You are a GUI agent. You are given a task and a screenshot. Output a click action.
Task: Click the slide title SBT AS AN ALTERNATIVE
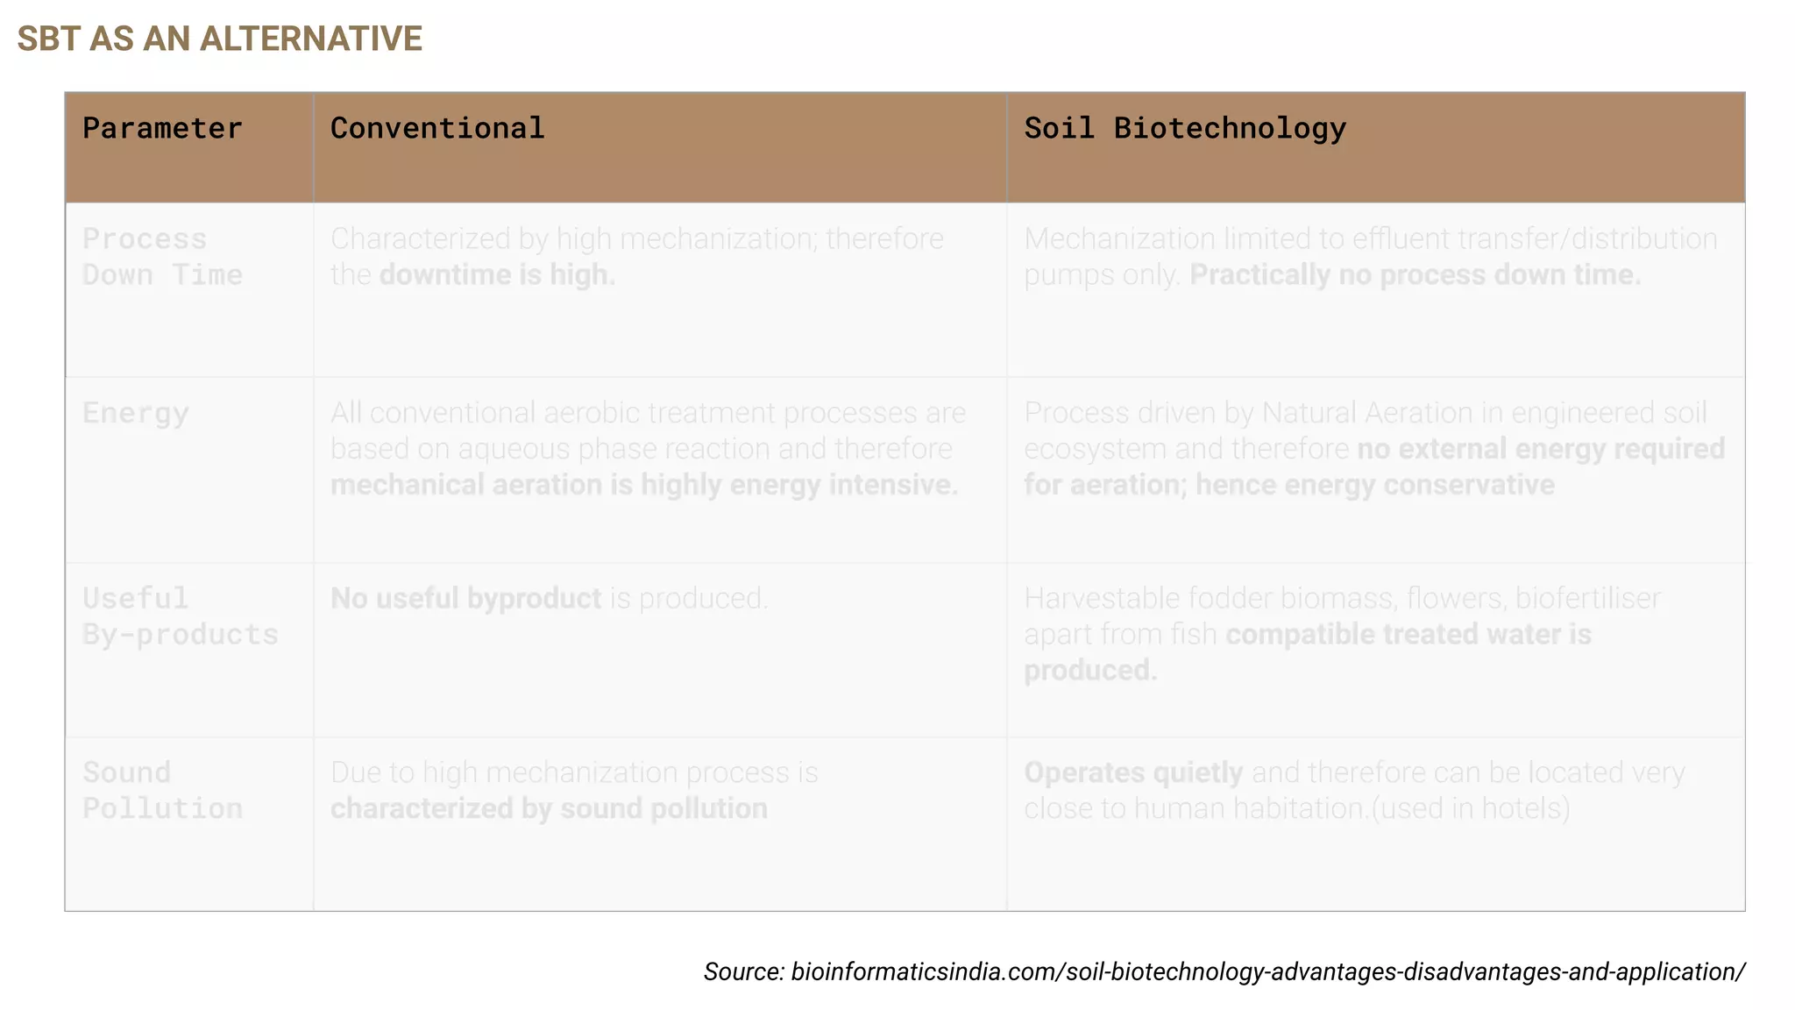[219, 39]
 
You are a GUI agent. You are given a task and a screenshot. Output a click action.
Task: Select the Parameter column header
[162, 129]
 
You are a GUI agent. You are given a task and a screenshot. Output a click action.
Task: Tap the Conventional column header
[437, 129]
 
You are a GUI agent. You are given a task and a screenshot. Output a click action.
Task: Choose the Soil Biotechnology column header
[1185, 129]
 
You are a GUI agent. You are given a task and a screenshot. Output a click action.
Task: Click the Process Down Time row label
[162, 257]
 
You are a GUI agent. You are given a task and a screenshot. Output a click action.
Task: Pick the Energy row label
[136, 413]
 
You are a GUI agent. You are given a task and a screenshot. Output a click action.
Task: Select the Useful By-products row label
[180, 616]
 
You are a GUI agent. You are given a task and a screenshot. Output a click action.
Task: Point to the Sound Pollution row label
[162, 790]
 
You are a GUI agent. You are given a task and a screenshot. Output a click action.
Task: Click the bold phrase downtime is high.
[497, 275]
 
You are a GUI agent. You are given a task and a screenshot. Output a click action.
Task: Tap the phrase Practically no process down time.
[1415, 275]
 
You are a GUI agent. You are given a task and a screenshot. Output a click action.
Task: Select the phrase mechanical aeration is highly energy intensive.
[643, 485]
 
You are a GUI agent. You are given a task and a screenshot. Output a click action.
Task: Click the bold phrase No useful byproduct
[465, 599]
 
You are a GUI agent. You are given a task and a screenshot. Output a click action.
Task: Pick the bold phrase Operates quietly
[1133, 772]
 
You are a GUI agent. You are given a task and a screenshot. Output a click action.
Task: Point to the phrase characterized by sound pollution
[549, 808]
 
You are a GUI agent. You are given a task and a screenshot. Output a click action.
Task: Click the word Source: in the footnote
[743, 971]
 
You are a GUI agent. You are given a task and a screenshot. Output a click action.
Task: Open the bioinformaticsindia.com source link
[1267, 971]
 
